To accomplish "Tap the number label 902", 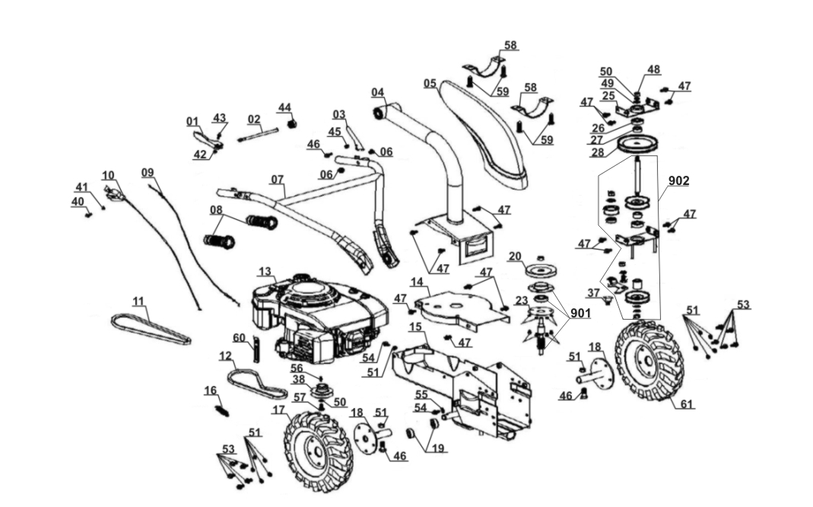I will (x=678, y=181).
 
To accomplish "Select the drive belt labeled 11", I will (x=151, y=328).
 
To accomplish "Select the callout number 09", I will (x=148, y=172).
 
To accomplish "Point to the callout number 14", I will (x=416, y=282).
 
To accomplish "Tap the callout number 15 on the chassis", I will (x=414, y=327).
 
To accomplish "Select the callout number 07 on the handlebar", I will (x=278, y=180).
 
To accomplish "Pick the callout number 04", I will (x=377, y=93).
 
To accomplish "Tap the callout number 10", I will (x=108, y=175).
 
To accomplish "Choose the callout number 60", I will (x=239, y=337).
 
